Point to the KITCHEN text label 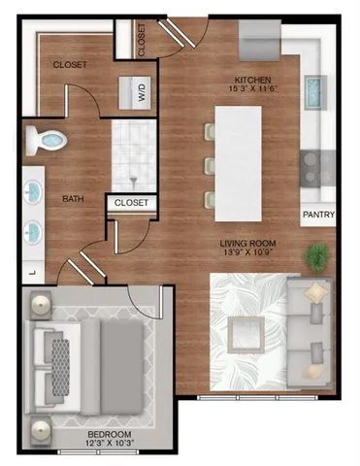click(252, 80)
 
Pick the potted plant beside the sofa click(315, 257)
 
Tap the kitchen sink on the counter click(317, 95)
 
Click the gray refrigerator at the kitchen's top click(259, 45)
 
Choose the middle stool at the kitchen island click(210, 164)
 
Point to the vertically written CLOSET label click(142, 39)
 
